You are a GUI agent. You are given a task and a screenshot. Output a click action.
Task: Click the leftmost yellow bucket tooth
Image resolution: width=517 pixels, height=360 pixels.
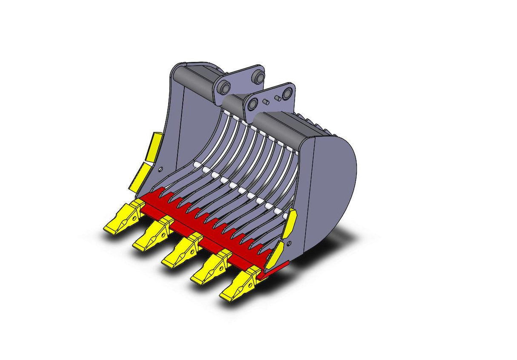(121, 219)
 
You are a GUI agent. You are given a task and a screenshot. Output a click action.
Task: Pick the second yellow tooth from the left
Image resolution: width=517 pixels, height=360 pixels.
(151, 236)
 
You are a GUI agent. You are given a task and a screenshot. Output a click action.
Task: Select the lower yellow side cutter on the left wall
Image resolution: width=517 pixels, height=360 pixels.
(140, 177)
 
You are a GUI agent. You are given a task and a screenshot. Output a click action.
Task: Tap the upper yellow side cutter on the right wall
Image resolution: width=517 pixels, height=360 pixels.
(290, 223)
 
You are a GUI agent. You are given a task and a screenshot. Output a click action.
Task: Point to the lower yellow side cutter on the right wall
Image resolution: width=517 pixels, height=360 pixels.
(275, 254)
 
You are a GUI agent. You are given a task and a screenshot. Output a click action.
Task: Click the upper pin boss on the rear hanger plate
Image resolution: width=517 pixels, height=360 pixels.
(257, 77)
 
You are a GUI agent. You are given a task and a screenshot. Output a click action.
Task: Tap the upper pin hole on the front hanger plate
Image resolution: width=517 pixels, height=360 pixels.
(287, 92)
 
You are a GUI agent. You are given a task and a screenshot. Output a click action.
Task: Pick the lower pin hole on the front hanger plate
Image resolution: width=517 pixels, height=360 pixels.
(253, 104)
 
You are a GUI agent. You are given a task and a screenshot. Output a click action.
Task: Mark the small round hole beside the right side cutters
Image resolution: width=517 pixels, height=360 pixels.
(290, 244)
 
